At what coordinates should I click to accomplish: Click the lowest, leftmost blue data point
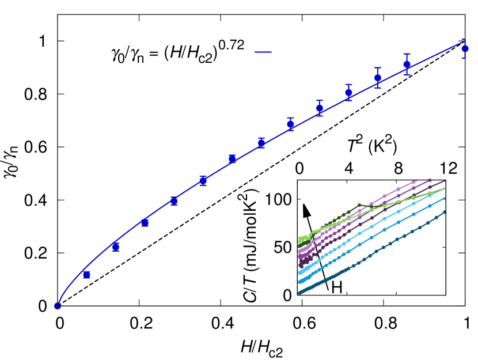pyautogui.click(x=58, y=306)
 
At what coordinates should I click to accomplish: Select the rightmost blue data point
pyautogui.click(x=465, y=49)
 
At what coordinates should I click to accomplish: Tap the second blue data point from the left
pyautogui.click(x=86, y=275)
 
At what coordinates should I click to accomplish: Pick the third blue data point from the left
pyautogui.click(x=116, y=247)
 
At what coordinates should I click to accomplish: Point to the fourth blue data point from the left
pyautogui.click(x=145, y=222)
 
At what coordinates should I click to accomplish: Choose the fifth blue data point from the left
pyautogui.click(x=174, y=201)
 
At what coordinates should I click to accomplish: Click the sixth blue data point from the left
pyautogui.click(x=203, y=181)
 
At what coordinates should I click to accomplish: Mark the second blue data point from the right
pyautogui.click(x=407, y=65)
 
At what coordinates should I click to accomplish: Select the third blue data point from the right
pyautogui.click(x=378, y=78)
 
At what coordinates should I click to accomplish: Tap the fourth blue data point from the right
pyautogui.click(x=348, y=92)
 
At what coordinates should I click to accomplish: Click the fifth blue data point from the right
pyautogui.click(x=320, y=108)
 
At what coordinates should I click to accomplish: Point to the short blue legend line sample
pyautogui.click(x=263, y=52)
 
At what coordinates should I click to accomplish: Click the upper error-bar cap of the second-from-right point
pyautogui.click(x=407, y=54)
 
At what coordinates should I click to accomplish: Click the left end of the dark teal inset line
pyautogui.click(x=299, y=293)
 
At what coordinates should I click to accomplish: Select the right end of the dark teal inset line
pyautogui.click(x=445, y=212)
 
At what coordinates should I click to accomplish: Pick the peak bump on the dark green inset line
pyautogui.click(x=359, y=205)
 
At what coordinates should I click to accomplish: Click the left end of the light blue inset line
pyautogui.click(x=300, y=272)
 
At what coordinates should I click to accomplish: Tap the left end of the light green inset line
pyautogui.click(x=300, y=238)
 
